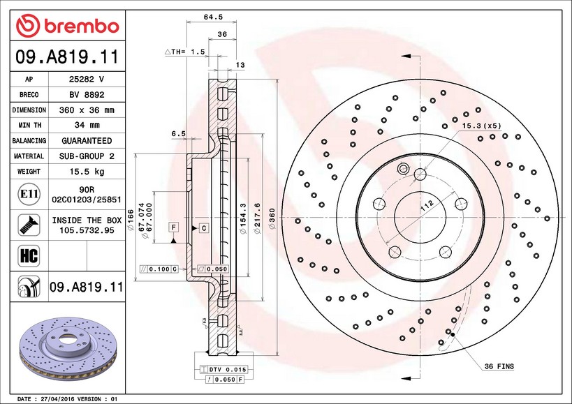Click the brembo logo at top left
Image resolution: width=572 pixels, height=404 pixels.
tap(67, 27)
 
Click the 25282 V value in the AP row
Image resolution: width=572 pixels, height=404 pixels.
tap(87, 80)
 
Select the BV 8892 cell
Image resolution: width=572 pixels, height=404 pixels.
tap(87, 95)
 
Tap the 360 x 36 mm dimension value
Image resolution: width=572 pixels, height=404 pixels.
tap(87, 110)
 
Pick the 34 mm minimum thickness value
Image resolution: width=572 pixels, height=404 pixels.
tap(87, 126)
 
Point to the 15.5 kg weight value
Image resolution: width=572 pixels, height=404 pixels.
tap(87, 171)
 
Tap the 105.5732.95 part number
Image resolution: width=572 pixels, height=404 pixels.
tap(87, 230)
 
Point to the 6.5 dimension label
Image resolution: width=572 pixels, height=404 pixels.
tap(178, 133)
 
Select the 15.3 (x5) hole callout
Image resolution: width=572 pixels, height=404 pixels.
tap(481, 126)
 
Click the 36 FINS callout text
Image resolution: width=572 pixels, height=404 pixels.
tap(499, 366)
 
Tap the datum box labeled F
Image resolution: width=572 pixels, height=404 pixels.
tap(172, 227)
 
